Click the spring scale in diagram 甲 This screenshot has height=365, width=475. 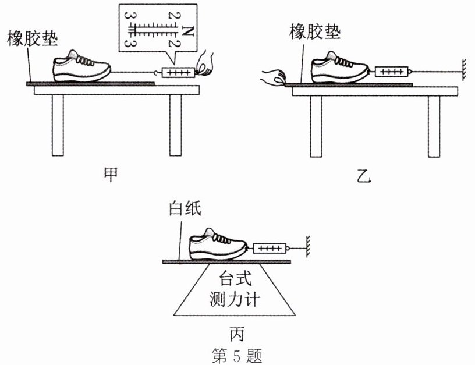click(x=177, y=73)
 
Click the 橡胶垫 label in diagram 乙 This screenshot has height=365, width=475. click(x=314, y=32)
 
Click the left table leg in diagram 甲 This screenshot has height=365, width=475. click(x=57, y=125)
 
